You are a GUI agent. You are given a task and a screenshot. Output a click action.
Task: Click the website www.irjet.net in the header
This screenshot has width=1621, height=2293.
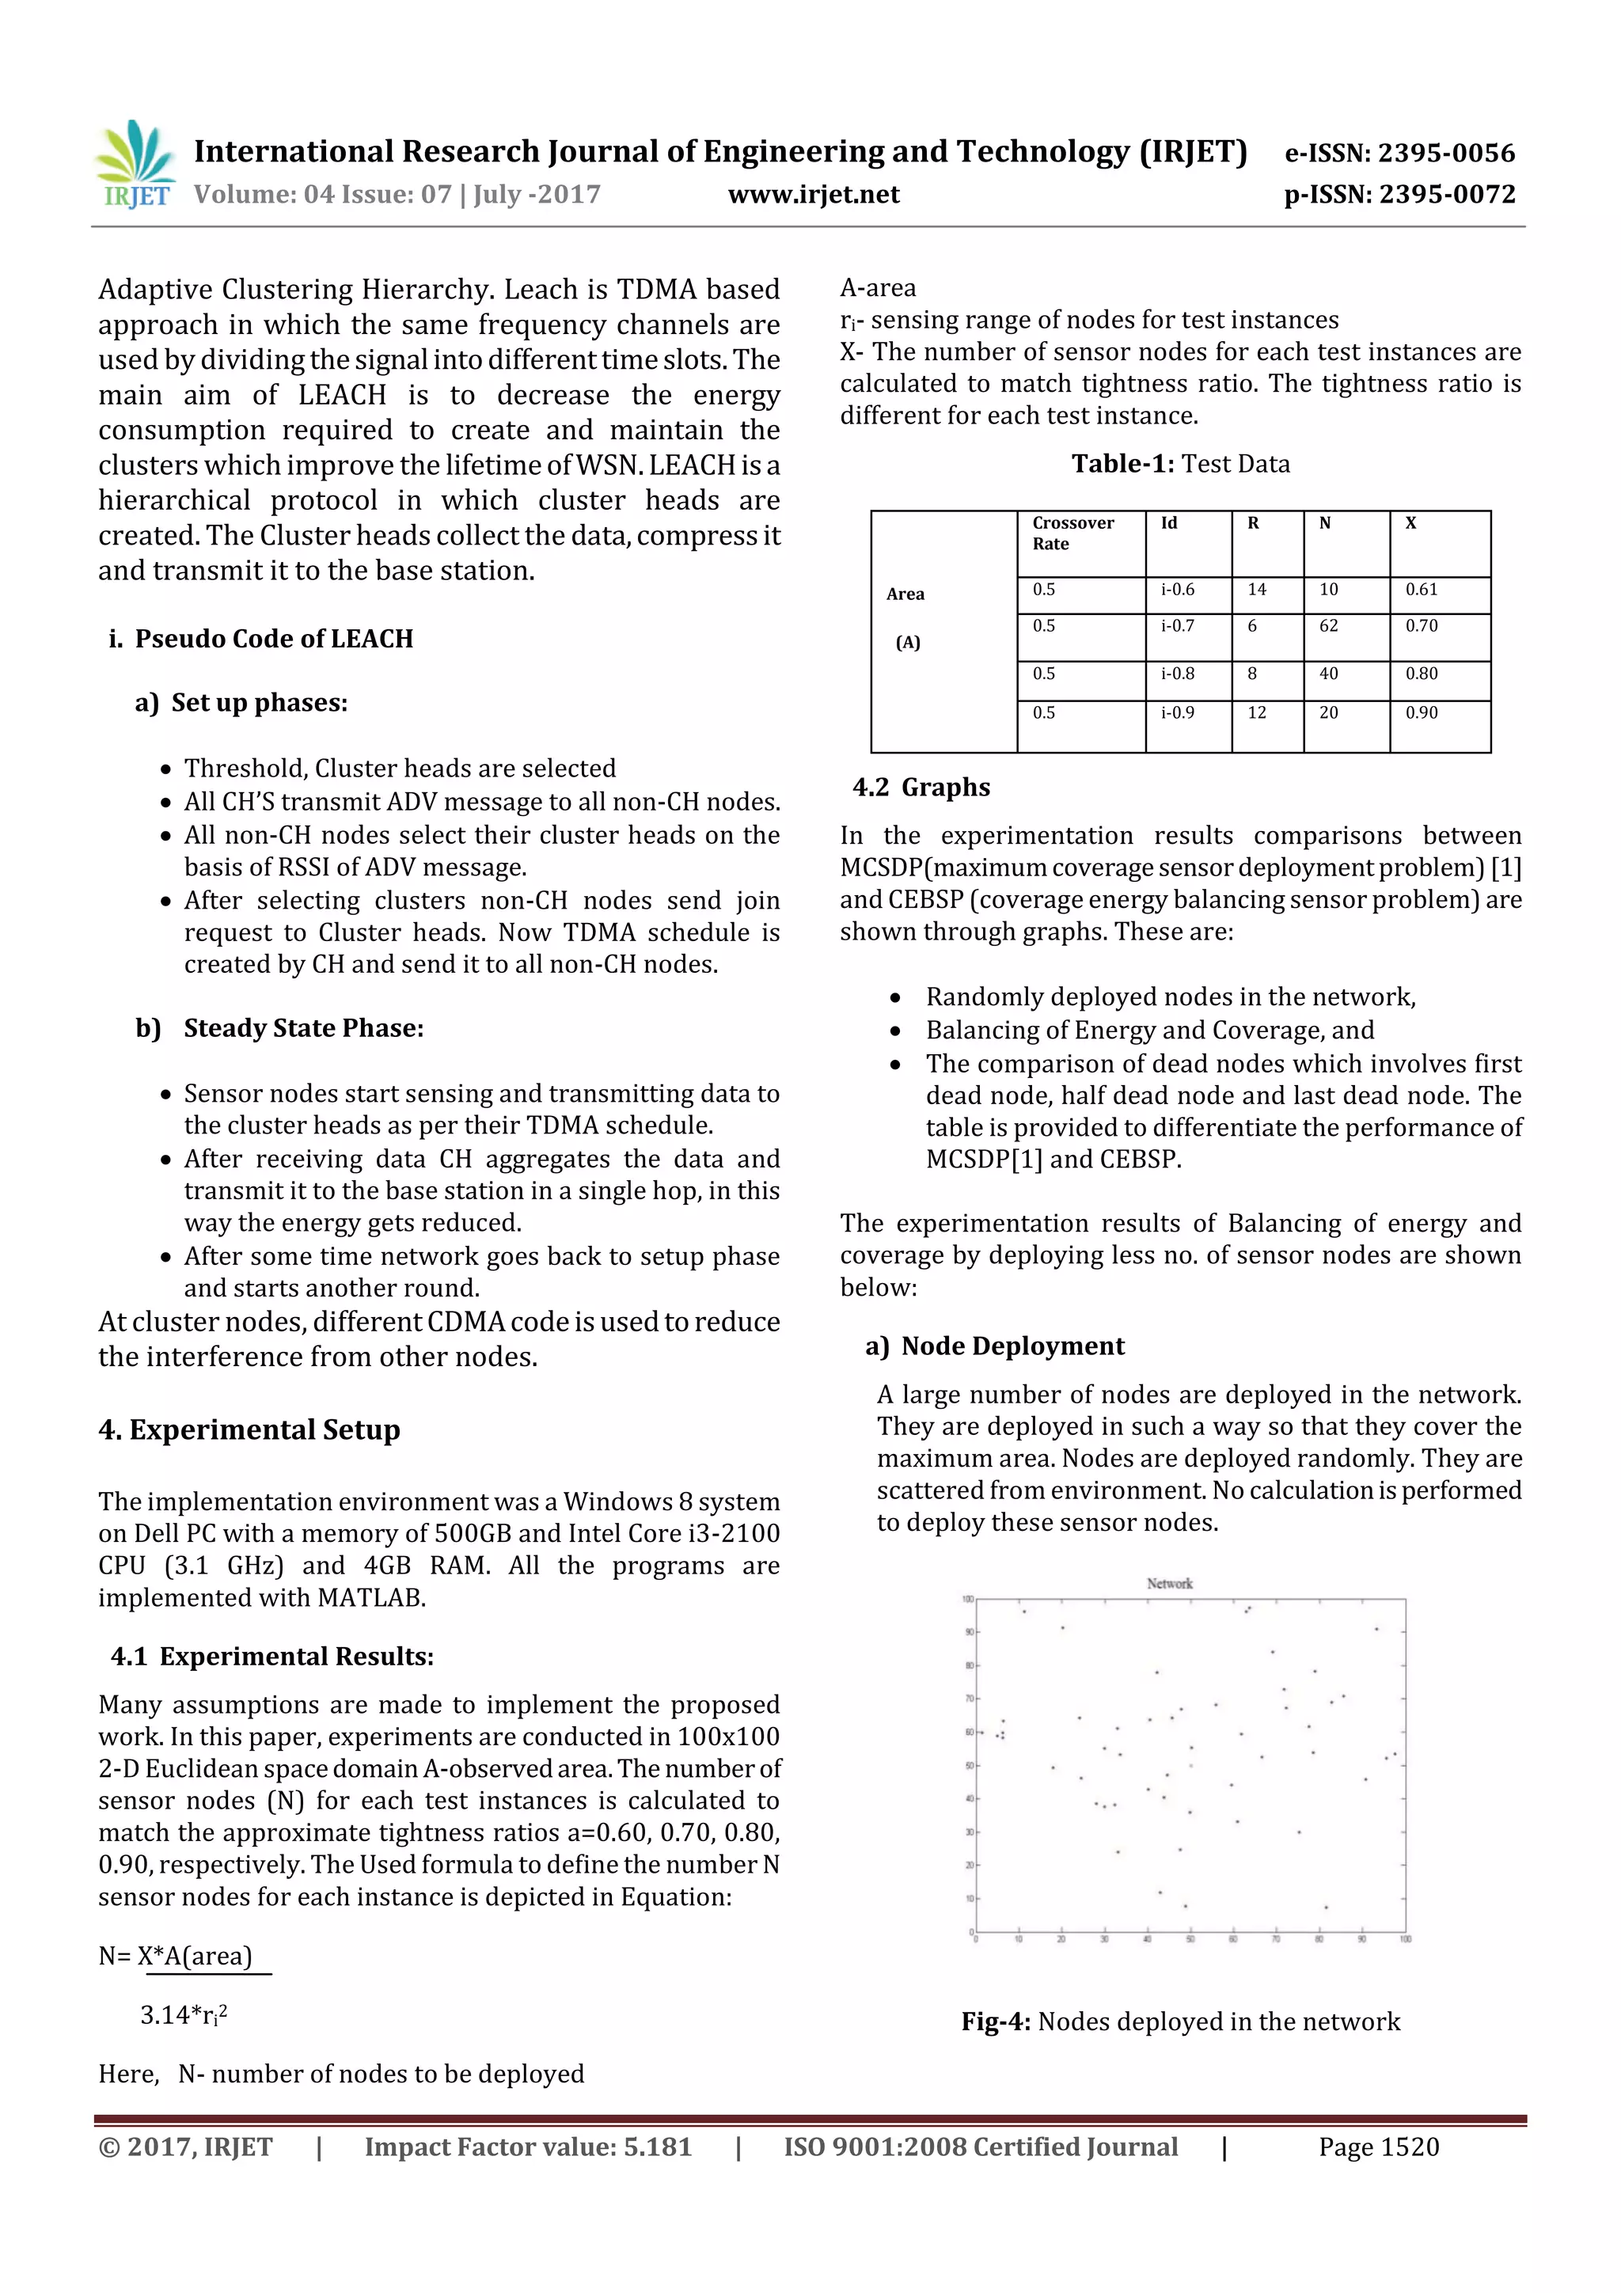(813, 195)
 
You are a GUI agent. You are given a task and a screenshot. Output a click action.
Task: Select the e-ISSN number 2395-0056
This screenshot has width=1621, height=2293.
(1399, 153)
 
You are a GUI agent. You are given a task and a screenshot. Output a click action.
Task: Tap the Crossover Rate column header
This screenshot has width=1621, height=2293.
(1074, 533)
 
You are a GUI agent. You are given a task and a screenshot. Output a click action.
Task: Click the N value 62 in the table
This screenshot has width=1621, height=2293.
(1328, 626)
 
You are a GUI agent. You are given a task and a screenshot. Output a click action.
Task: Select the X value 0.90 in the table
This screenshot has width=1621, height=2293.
(1422, 713)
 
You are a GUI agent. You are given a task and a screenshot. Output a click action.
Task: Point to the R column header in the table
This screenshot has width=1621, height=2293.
(1254, 523)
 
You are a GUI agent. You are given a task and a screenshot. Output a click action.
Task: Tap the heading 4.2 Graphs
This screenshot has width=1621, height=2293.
(921, 788)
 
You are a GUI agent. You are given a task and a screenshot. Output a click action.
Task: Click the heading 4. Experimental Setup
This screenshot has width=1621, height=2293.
(249, 1430)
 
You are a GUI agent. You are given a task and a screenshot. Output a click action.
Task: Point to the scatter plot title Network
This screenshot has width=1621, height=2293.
(1170, 1584)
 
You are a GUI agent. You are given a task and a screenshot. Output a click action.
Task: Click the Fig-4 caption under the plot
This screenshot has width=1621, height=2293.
(1181, 2022)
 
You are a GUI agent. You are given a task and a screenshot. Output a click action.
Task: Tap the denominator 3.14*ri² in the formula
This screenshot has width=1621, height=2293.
(184, 2015)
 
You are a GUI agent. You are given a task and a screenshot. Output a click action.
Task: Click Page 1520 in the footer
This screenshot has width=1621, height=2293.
(1378, 2147)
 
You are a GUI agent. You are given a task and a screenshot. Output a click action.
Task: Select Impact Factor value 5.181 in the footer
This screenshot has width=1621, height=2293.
(527, 2147)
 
